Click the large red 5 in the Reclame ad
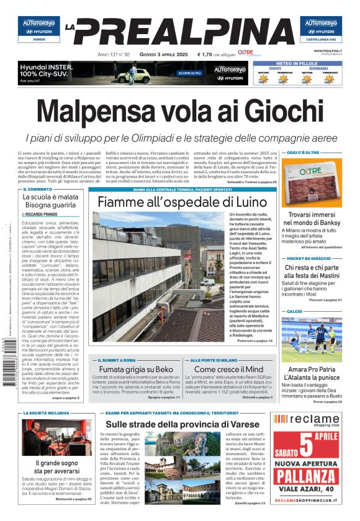click(307, 445)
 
